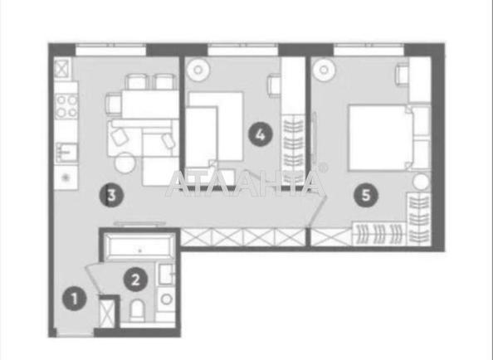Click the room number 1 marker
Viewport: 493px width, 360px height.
tap(75, 299)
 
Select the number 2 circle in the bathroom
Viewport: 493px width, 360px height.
tap(135, 280)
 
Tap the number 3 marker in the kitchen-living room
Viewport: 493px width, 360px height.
tap(111, 196)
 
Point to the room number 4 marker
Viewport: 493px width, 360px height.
tap(261, 134)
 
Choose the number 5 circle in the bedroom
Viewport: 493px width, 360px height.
tap(366, 196)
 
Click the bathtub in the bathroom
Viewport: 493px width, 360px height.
tap(139, 247)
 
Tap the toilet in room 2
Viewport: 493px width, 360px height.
tap(137, 310)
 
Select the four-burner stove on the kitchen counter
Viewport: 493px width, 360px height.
tap(66, 106)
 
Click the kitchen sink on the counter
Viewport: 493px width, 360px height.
tap(66, 153)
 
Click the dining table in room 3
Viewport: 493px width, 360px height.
tap(150, 104)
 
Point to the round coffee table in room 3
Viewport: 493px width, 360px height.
tap(125, 163)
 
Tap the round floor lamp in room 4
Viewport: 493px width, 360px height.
tap(198, 70)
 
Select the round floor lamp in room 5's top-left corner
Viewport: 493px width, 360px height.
tap(324, 70)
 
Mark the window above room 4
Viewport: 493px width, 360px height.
tap(243, 49)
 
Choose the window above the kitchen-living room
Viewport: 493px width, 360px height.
tap(111, 49)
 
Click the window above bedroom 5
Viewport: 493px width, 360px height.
tap(369, 49)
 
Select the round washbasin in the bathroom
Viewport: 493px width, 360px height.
tap(166, 299)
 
